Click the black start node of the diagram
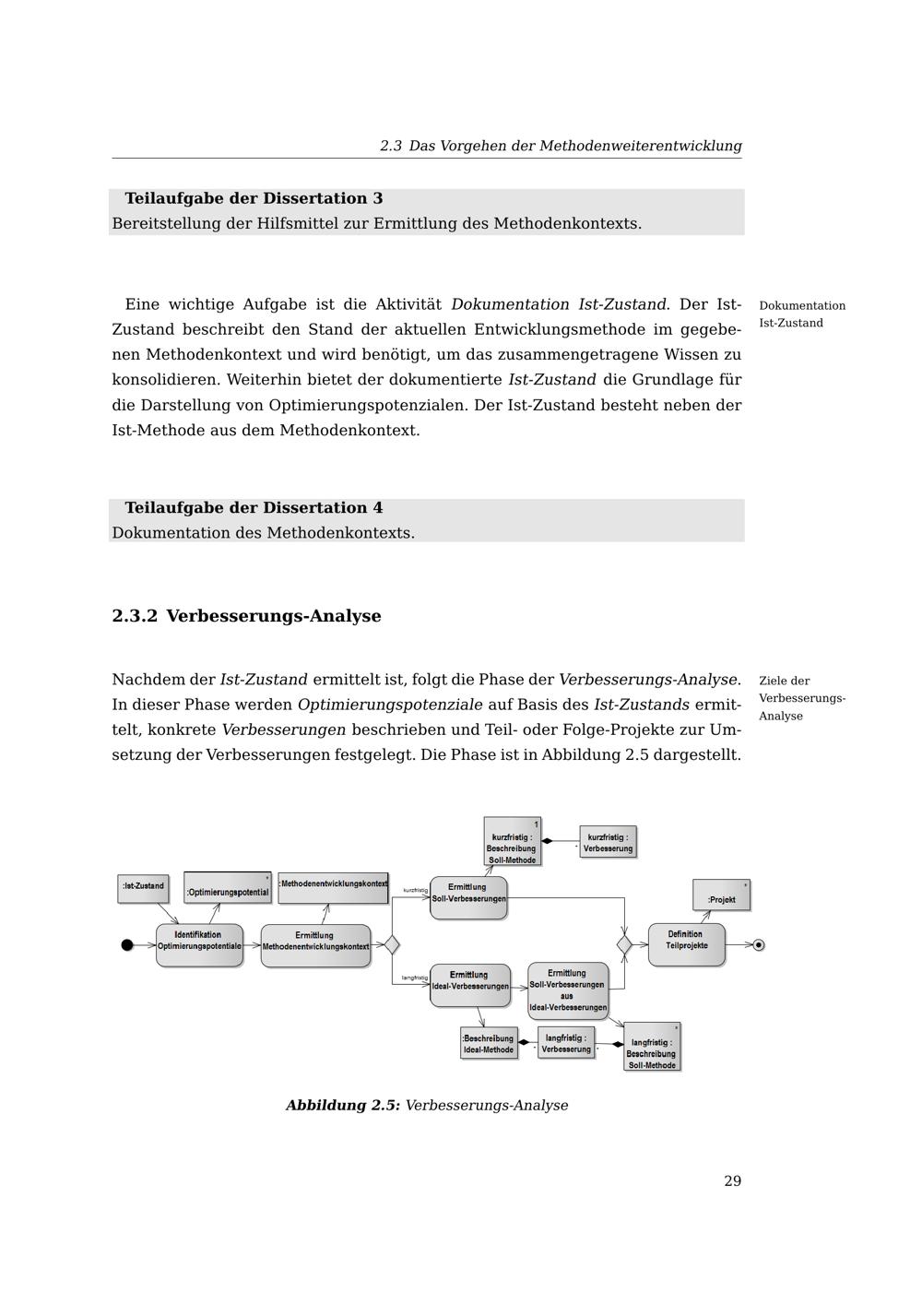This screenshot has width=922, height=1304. [127, 944]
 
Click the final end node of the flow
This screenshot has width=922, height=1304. [759, 944]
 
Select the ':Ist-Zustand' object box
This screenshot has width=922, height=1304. [143, 886]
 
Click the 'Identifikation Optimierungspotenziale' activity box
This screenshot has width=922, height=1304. [199, 944]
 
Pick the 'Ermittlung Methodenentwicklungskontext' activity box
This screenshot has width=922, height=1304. [315, 944]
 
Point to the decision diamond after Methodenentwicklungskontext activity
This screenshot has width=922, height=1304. [391, 944]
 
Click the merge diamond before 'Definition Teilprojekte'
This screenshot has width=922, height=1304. [624, 944]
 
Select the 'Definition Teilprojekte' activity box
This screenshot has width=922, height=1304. [686, 943]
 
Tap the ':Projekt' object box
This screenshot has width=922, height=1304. [721, 896]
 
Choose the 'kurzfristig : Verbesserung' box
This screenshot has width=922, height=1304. [608, 842]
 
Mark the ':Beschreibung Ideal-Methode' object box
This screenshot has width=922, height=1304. [489, 1043]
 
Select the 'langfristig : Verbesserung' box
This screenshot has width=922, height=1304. [565, 1043]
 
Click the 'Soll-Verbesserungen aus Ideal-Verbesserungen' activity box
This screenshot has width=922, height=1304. [568, 990]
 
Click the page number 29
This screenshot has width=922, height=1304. [732, 1181]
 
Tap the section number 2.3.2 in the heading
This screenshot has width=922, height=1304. [135, 616]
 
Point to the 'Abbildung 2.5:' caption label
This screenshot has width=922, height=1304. [343, 1105]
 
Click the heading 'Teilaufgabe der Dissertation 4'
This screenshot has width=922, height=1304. [254, 508]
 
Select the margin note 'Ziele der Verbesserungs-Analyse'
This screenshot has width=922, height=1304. [800, 698]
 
